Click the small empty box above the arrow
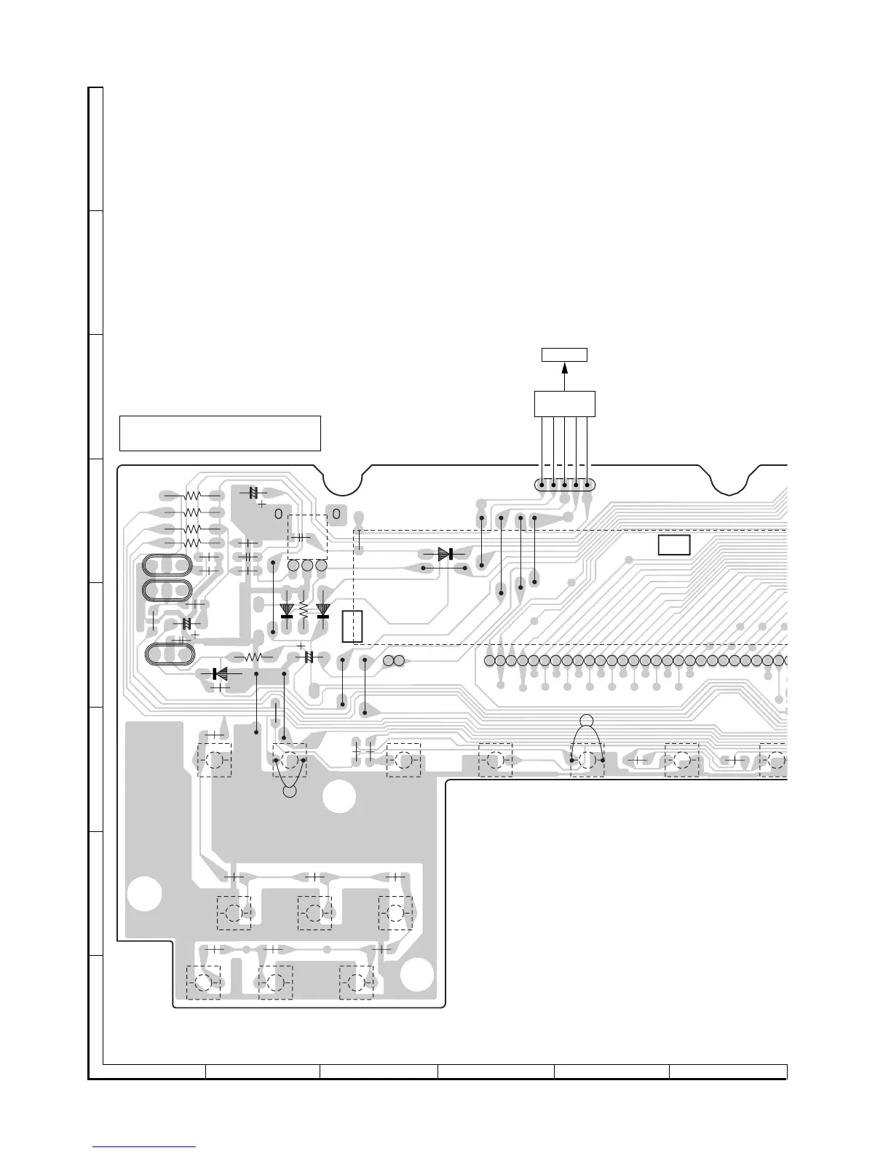pyautogui.click(x=565, y=355)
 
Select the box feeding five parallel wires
pyautogui.click(x=565, y=403)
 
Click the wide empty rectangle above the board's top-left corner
pyautogui.click(x=220, y=434)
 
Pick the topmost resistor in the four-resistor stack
pyautogui.click(x=192, y=496)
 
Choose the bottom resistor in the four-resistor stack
pyautogui.click(x=192, y=543)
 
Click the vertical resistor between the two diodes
pyautogui.click(x=304, y=611)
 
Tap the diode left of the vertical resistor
pyautogui.click(x=287, y=611)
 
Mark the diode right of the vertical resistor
pyautogui.click(x=323, y=611)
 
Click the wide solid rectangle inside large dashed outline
pyautogui.click(x=674, y=545)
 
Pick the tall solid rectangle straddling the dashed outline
pyautogui.click(x=352, y=627)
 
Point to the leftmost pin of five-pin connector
pyautogui.click(x=542, y=485)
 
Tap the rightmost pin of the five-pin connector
pyautogui.click(x=587, y=485)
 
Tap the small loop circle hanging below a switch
pyautogui.click(x=290, y=791)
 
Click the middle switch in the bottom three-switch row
pyautogui.click(x=275, y=983)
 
